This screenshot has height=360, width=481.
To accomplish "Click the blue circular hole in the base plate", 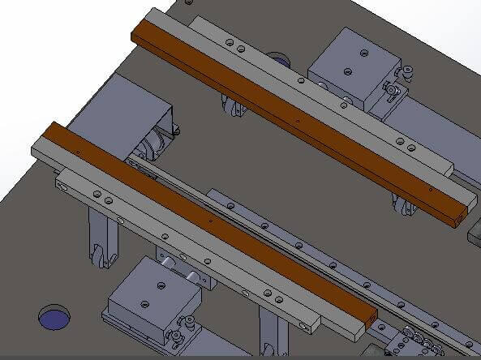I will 55,318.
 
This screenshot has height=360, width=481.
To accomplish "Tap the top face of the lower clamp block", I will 152,292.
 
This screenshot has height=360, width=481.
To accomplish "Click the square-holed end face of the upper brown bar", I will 462,216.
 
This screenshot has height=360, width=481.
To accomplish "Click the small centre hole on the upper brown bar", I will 298,119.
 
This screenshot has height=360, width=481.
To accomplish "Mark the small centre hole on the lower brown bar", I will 211,220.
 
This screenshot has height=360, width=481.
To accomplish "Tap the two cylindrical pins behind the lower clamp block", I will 181,271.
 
